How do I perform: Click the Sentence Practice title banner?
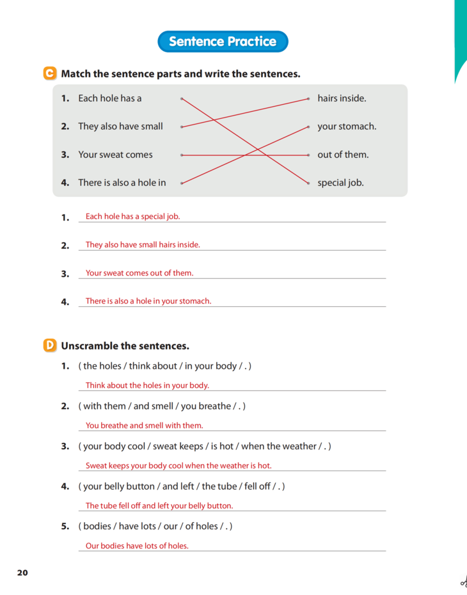223,42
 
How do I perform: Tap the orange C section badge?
50,73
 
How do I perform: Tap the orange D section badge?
50,346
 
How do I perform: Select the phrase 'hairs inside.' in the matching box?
342,98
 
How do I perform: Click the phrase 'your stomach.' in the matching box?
347,127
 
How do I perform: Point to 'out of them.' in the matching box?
343,155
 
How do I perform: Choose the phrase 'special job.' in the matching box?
340,183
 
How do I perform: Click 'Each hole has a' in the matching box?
110,98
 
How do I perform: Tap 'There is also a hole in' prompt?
122,183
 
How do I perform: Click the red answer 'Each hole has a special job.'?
133,217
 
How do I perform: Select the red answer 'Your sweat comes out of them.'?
139,273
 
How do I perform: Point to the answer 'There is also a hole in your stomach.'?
148,301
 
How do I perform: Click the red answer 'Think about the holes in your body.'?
147,385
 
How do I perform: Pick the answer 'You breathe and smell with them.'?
144,426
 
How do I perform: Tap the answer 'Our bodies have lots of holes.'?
137,546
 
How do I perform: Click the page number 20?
22,573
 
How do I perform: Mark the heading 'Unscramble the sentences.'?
125,346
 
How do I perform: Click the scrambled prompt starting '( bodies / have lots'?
155,526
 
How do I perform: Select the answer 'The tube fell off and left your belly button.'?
159,506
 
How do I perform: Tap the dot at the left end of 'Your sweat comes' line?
182,155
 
